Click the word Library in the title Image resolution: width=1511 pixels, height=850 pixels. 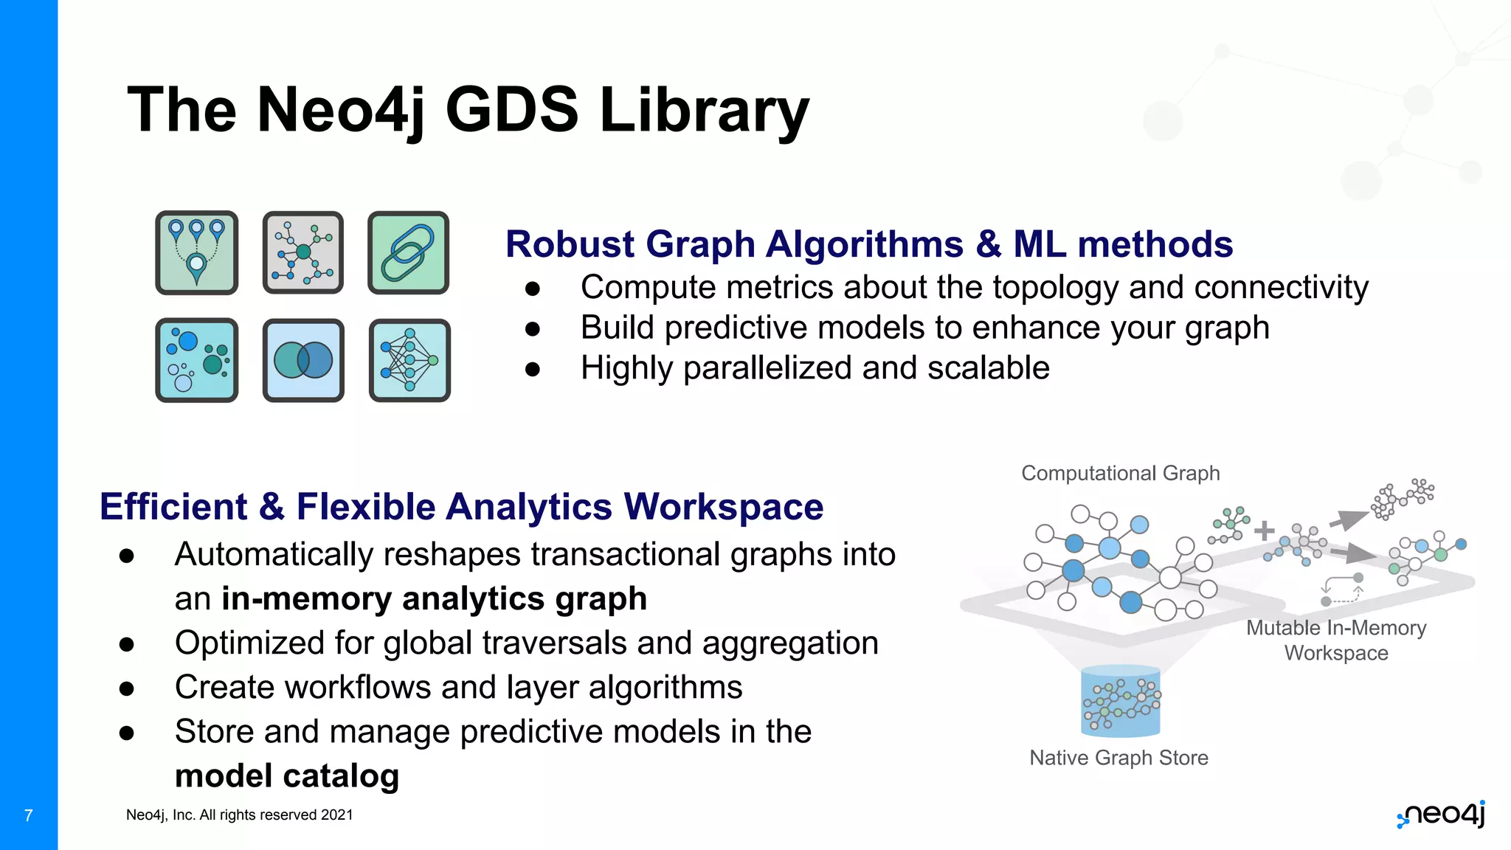704,111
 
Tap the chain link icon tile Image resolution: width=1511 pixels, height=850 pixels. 408,252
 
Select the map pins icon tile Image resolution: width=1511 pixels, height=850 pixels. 196,252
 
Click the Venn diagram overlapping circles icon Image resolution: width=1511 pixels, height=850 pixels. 303,360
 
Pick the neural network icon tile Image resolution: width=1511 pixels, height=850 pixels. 409,360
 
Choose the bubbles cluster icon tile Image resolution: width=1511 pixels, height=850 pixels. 196,360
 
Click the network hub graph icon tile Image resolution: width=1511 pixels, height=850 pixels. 303,252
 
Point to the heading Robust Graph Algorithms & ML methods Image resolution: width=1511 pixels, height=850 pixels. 868,244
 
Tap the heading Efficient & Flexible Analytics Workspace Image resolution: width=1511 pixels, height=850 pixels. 461,507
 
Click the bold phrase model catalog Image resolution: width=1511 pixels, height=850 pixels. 287,775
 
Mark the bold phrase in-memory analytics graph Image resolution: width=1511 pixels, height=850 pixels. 434,598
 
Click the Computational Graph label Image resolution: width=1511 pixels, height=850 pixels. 1120,473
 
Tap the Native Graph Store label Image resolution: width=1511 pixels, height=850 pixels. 1118,758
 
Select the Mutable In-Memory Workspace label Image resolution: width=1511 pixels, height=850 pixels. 1335,640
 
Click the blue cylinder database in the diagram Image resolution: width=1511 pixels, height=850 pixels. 1120,701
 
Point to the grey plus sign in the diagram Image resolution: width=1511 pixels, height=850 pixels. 1264,531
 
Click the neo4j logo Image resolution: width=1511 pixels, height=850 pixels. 1441,815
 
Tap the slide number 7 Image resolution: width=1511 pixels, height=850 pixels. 29,815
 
